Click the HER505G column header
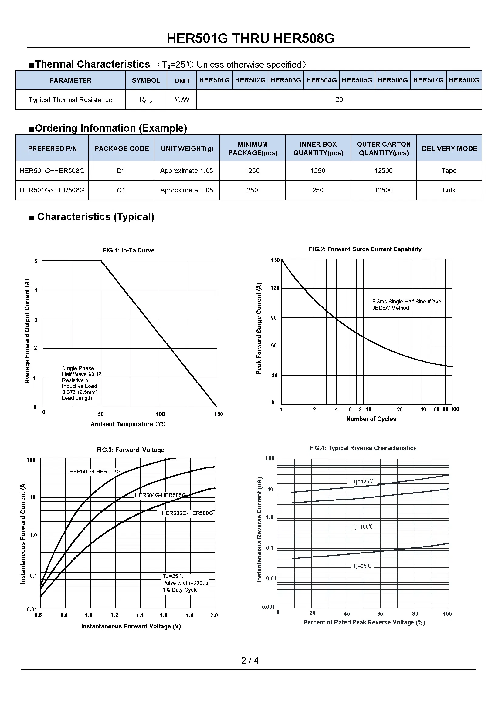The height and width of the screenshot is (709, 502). (x=357, y=80)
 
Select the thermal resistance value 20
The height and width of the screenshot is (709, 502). (x=339, y=100)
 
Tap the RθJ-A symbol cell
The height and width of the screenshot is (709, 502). (x=146, y=100)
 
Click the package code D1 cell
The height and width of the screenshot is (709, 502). (x=121, y=171)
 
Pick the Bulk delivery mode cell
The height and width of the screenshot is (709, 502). (x=449, y=190)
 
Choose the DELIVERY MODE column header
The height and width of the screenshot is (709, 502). (x=449, y=149)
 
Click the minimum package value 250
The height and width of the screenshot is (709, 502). (x=252, y=190)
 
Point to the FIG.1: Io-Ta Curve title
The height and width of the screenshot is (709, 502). (x=128, y=250)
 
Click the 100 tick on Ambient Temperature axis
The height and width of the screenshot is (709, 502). (x=160, y=414)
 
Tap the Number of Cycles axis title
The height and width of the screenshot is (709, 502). (x=371, y=419)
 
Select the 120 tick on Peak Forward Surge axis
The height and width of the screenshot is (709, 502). (x=275, y=288)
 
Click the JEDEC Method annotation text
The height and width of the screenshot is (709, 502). (x=390, y=308)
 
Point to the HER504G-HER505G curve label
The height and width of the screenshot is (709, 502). (x=160, y=495)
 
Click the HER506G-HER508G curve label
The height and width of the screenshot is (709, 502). (x=187, y=513)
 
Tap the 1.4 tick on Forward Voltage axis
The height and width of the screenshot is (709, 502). (x=140, y=615)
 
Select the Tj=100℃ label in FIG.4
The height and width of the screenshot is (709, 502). (x=363, y=527)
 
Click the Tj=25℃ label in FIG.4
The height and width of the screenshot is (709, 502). (x=362, y=566)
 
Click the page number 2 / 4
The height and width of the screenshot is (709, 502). (x=250, y=661)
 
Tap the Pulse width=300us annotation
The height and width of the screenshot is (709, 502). (x=185, y=583)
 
